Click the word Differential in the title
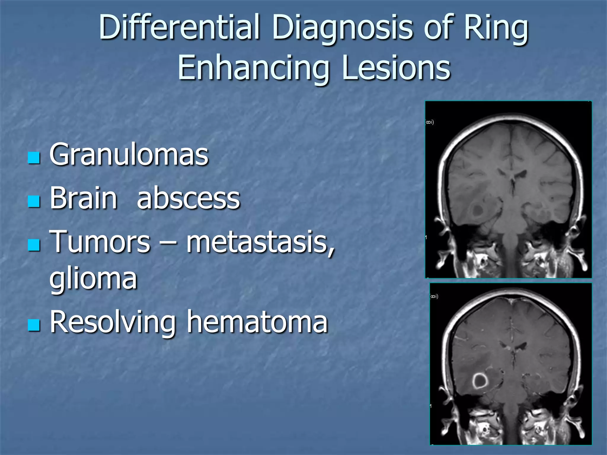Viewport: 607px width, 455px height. [180, 27]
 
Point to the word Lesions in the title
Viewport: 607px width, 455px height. [396, 68]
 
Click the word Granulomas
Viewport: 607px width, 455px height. [129, 155]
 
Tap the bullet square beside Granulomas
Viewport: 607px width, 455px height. [34, 158]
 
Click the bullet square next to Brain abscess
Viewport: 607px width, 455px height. [34, 202]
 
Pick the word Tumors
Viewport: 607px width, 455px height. [100, 242]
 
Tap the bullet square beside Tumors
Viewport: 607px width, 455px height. [34, 245]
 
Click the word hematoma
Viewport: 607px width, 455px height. [257, 322]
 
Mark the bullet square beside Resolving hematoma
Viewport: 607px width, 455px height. [34, 325]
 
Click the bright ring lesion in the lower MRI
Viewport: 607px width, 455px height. [479, 381]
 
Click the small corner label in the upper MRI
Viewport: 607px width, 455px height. [430, 122]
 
